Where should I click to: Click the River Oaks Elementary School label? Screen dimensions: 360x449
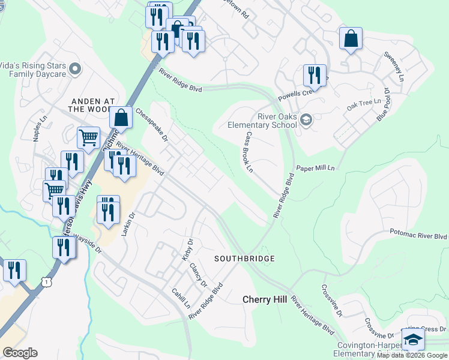pos(262,121)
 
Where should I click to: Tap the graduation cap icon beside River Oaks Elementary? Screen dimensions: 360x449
pos(306,120)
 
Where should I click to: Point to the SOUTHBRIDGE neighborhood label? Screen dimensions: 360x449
pos(245,259)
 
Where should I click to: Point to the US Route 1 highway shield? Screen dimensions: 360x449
pos(46,281)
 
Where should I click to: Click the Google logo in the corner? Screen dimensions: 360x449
pos(20,353)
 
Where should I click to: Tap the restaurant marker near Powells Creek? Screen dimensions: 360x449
pos(314,75)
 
